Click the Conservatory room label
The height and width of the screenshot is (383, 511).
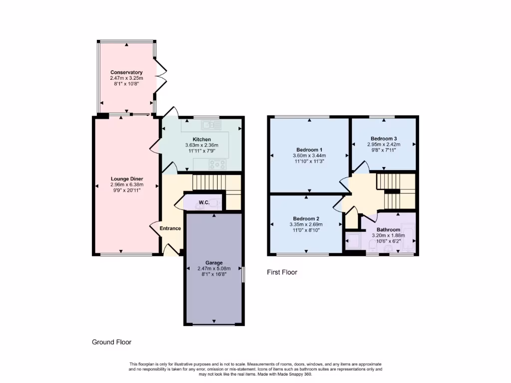click(126, 72)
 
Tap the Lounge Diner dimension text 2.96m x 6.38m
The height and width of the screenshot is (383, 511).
click(126, 185)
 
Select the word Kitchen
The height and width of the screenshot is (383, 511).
click(202, 139)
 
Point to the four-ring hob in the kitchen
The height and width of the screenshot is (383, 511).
click(218, 163)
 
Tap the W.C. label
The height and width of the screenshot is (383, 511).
click(204, 202)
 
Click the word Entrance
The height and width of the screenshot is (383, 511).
click(170, 228)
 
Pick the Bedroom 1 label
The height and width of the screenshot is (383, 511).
click(309, 150)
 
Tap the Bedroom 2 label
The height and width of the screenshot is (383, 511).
click(306, 218)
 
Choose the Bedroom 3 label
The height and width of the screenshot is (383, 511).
click(384, 138)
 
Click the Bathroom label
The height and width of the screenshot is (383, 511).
click(388, 229)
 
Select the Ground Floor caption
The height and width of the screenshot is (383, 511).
click(111, 342)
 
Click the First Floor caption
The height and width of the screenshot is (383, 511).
click(281, 272)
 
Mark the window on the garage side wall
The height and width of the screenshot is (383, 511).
click(243, 275)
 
